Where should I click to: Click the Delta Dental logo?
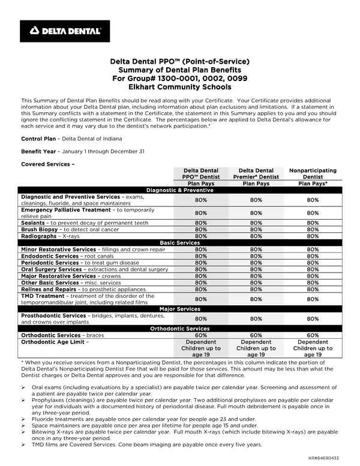pos(65,31)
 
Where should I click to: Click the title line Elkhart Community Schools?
pos(180,86)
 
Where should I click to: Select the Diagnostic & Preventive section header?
pos(179,190)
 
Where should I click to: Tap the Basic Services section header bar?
pos(179,243)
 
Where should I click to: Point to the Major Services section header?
pos(179,309)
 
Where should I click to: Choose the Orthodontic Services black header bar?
pos(179,328)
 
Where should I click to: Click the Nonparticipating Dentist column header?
pos(313,174)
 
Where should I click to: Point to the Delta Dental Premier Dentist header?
pos(256,174)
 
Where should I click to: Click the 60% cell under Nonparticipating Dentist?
pos(313,335)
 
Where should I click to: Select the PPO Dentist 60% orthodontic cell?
pos(201,335)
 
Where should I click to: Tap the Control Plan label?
pos(38,139)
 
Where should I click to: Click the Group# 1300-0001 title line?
pos(180,78)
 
